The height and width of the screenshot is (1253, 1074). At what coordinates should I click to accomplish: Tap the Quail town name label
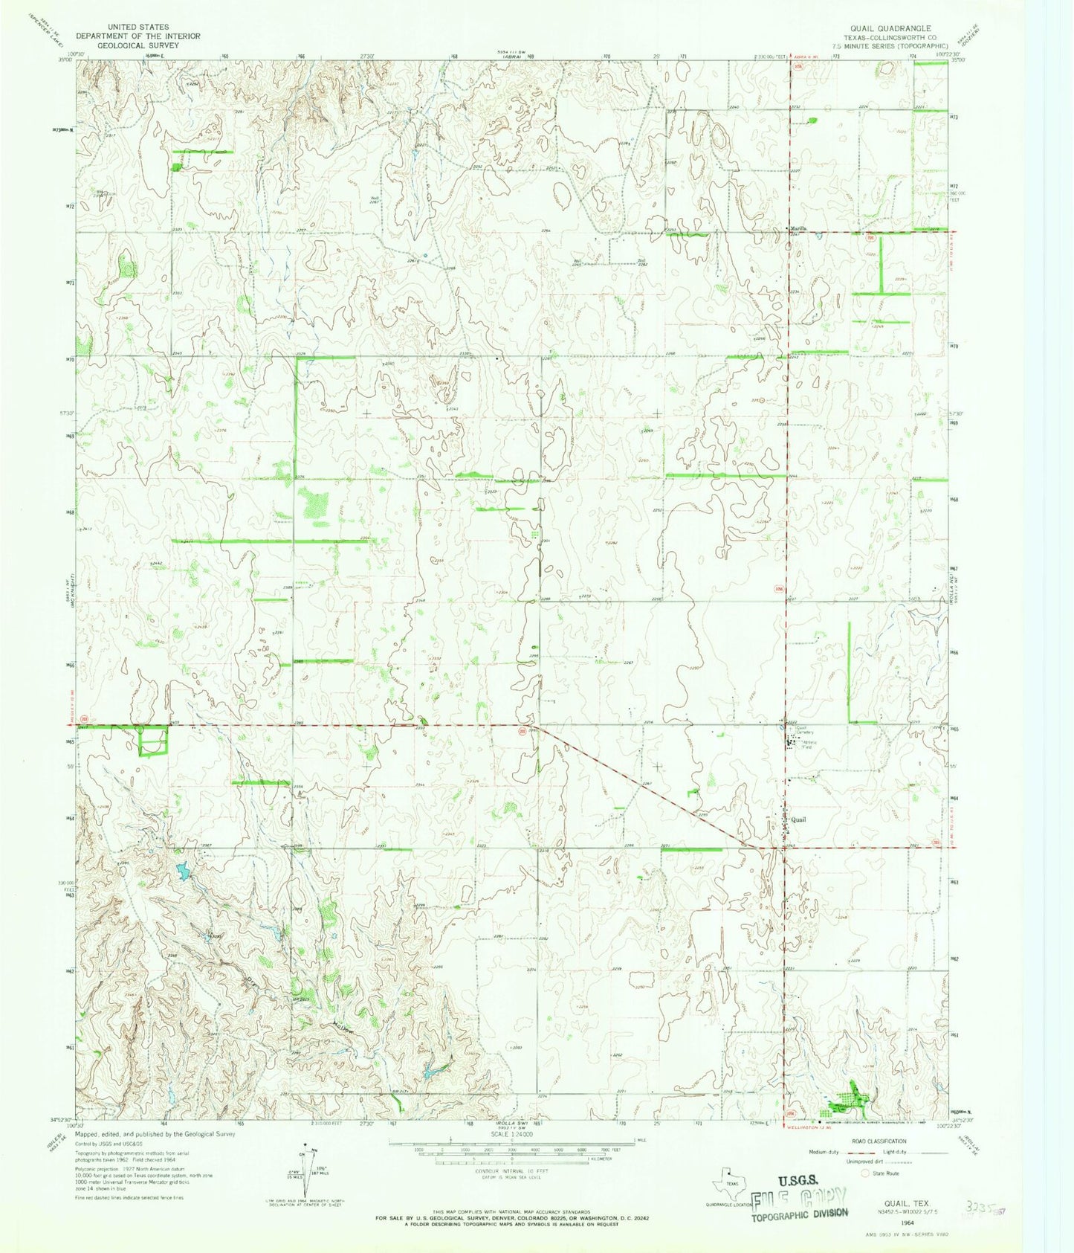(798, 820)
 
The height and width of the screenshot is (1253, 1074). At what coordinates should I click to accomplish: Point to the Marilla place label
(798, 228)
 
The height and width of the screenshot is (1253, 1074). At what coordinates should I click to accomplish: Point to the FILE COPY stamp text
(799, 1198)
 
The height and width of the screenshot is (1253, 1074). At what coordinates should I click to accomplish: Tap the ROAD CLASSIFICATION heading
(880, 1141)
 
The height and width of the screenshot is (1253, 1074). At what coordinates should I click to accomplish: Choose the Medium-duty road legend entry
(827, 1152)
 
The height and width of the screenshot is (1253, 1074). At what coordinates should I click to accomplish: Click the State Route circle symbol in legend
(865, 1173)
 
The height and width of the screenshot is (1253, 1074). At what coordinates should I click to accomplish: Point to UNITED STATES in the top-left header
(138, 27)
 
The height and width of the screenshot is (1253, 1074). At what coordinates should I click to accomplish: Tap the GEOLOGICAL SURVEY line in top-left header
(138, 45)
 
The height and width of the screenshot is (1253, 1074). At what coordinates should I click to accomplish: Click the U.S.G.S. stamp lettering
(798, 1180)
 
